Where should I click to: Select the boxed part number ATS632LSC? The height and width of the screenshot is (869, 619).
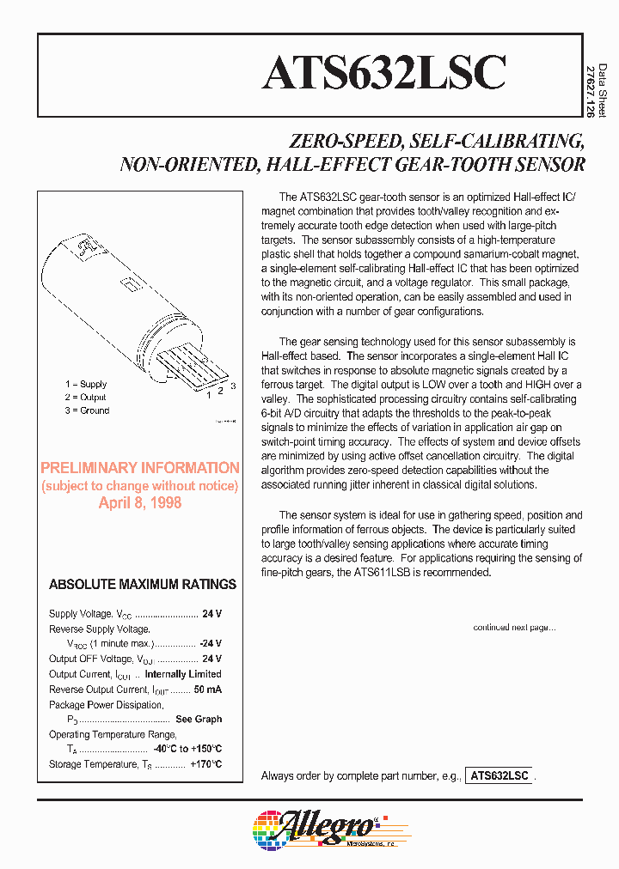tap(499, 775)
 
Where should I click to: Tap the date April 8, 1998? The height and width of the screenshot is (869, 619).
tap(140, 503)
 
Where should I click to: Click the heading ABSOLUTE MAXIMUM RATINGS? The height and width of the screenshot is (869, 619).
tap(143, 584)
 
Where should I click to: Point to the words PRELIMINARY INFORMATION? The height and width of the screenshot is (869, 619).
tap(140, 468)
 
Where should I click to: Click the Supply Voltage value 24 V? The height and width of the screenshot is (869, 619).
tap(211, 614)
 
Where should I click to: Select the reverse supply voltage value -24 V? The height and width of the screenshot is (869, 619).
tap(211, 644)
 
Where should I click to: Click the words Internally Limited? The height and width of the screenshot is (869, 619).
tap(183, 674)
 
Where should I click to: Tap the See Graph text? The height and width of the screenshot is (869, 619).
tap(199, 720)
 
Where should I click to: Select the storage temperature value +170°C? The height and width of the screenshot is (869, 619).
tap(205, 764)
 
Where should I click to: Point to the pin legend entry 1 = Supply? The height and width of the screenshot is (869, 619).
tap(86, 384)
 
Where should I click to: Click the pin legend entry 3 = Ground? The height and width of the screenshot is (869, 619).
tap(87, 410)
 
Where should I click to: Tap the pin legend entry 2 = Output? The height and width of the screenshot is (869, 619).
tap(86, 398)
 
